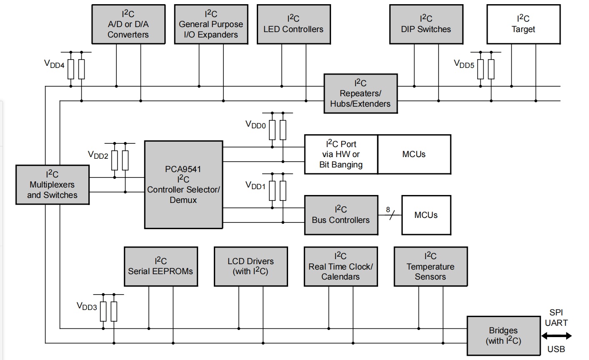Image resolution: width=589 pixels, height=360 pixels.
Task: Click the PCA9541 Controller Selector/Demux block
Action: (183, 185)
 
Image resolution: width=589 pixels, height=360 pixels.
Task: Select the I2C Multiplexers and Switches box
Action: (53, 185)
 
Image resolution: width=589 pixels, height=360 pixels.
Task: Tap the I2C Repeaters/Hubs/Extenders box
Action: (361, 94)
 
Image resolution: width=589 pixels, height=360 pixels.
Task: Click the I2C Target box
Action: (523, 24)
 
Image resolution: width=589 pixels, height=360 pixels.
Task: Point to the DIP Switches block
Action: (426, 24)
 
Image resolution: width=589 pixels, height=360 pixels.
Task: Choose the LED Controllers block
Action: (293, 24)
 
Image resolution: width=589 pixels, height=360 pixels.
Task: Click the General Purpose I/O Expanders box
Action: (211, 24)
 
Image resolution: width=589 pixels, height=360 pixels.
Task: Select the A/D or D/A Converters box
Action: (128, 24)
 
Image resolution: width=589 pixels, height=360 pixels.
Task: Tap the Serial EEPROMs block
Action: (161, 266)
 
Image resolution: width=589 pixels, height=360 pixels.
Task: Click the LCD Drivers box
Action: (251, 266)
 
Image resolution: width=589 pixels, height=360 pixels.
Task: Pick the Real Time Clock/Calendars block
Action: (341, 266)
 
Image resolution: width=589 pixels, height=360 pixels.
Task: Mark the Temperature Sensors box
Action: (430, 266)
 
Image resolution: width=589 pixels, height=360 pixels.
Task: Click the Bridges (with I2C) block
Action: (503, 336)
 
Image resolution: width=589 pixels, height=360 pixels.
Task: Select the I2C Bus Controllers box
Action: (341, 215)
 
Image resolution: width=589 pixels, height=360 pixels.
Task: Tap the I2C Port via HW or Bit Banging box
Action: (341, 154)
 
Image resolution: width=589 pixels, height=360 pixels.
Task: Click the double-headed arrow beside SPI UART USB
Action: (556, 336)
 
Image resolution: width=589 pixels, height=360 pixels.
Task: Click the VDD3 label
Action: (87, 306)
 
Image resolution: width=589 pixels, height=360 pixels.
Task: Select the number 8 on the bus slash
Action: (388, 210)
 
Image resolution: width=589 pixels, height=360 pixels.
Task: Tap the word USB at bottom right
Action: (556, 349)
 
